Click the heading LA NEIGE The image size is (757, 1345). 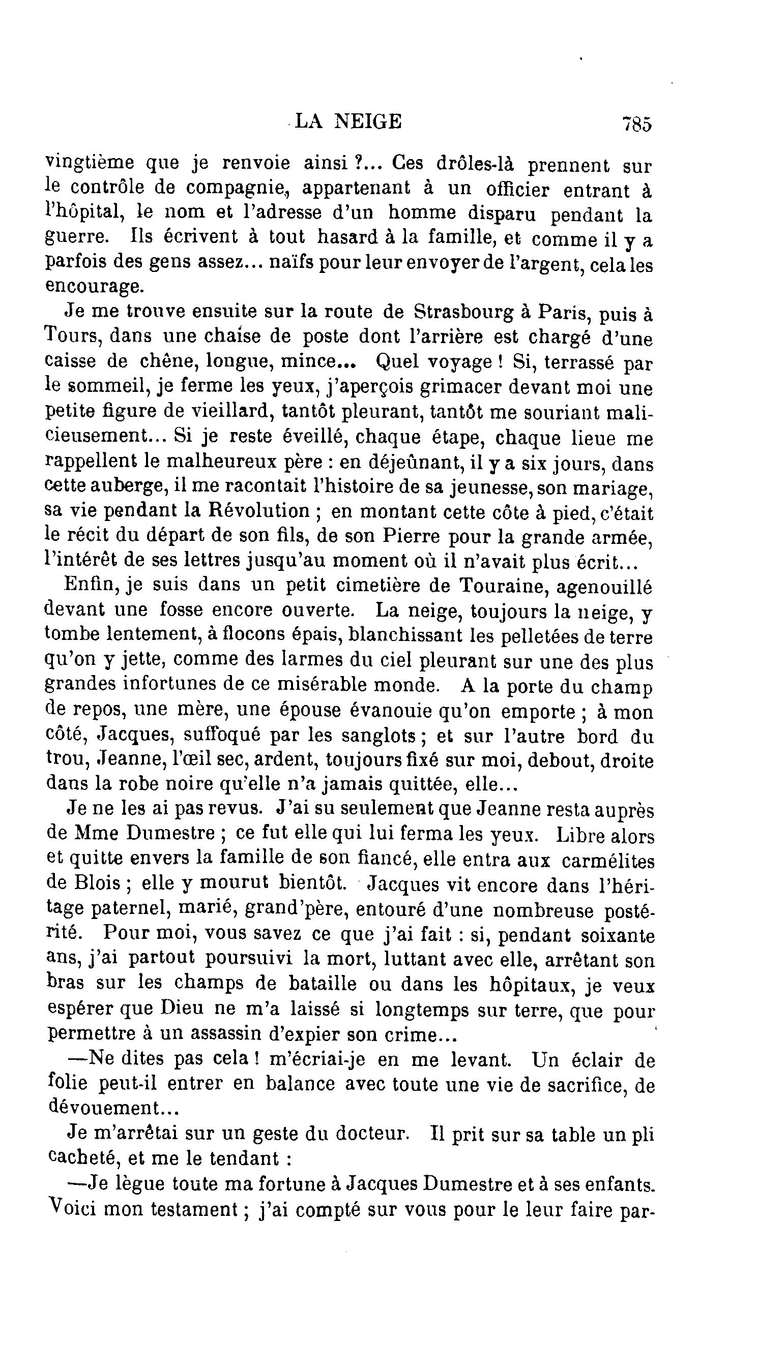[x=348, y=121]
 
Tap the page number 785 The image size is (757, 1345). [x=636, y=125]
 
